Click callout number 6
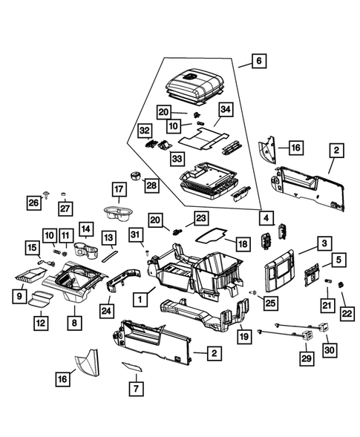click(258, 62)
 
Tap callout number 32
click(143, 131)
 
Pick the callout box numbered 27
click(65, 207)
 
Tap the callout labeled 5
click(338, 260)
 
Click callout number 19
click(243, 336)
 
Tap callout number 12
click(39, 323)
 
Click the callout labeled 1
click(138, 299)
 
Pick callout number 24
click(107, 311)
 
